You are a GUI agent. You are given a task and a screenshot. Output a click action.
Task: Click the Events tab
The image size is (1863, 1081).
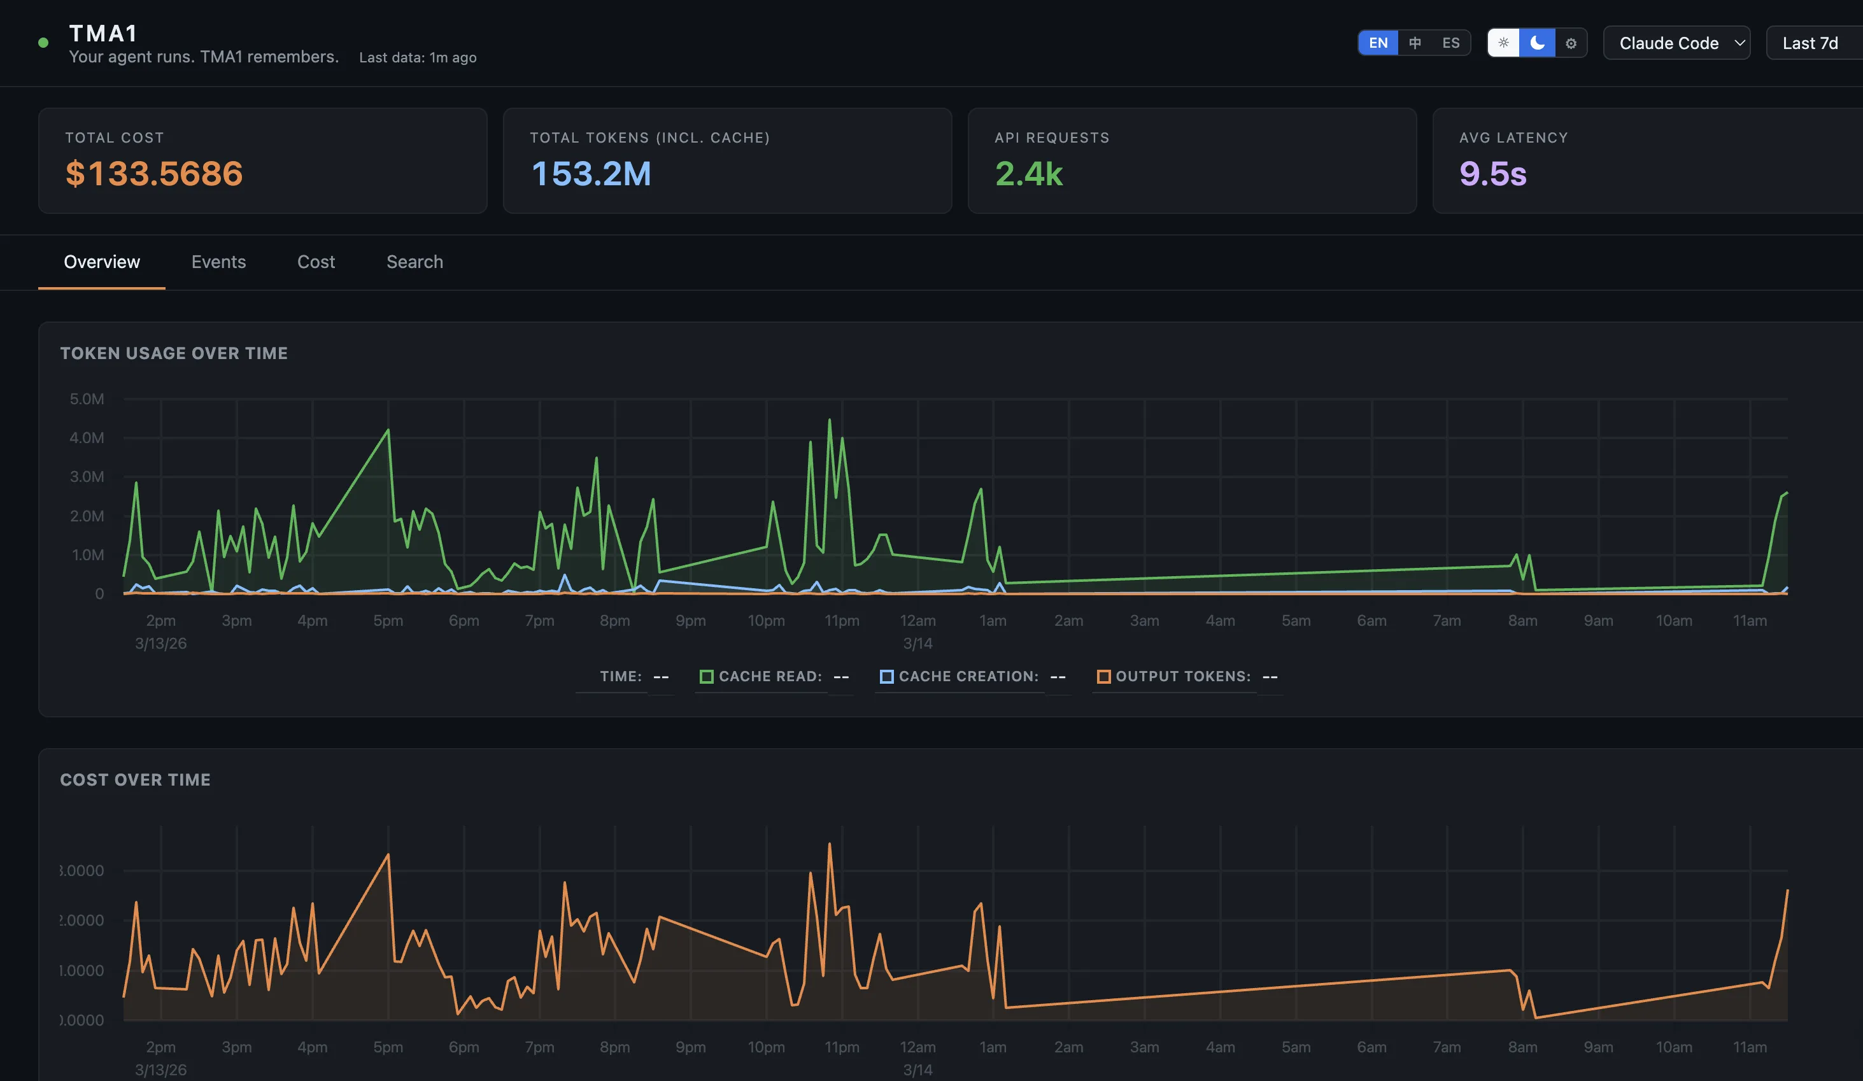click(218, 262)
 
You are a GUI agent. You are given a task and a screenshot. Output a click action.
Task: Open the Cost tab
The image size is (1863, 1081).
click(316, 262)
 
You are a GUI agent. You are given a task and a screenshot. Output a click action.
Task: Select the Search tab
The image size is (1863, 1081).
click(414, 262)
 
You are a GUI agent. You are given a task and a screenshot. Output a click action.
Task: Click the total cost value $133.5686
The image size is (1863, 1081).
click(154, 174)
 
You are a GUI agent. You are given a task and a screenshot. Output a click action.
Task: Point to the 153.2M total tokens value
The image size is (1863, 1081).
click(591, 174)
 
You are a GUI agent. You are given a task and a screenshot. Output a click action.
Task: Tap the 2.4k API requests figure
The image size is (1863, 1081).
click(1028, 174)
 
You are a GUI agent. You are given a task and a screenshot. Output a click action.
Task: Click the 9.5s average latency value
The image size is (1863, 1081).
click(1492, 174)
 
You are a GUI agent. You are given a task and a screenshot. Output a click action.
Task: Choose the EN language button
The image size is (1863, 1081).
click(1378, 43)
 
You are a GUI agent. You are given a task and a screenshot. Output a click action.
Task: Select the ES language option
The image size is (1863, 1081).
click(1450, 43)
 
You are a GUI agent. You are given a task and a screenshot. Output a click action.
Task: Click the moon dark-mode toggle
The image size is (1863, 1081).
click(1537, 43)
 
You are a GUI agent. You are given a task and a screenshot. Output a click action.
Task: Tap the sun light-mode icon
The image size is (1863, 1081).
click(1503, 43)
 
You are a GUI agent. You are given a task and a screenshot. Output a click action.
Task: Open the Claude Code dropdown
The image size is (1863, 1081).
click(1676, 43)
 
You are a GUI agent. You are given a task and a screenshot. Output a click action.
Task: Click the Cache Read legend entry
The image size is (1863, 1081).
click(769, 677)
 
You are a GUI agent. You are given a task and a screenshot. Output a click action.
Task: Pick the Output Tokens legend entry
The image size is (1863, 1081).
click(1181, 677)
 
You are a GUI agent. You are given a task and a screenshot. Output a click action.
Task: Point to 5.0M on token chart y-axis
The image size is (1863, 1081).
click(87, 399)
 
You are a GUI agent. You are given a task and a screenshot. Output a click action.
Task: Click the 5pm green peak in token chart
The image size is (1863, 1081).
click(388, 431)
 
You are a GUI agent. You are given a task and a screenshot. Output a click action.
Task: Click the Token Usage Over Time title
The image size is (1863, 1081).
click(174, 353)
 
